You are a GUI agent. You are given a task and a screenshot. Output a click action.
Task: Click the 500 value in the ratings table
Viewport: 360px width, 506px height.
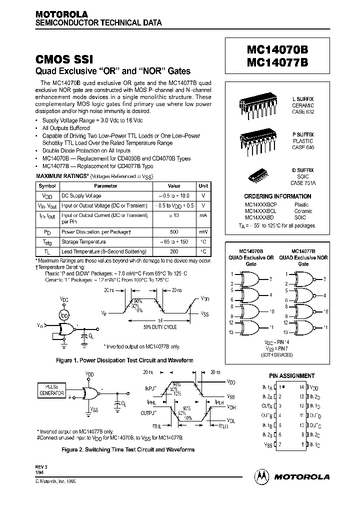pos(174,232)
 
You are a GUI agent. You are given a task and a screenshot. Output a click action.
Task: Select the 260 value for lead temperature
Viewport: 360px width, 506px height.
pos(174,251)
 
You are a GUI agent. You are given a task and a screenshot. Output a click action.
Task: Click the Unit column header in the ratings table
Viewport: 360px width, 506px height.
pos(203,185)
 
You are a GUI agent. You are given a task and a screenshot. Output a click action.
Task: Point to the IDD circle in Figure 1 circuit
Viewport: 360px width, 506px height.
pos(63,316)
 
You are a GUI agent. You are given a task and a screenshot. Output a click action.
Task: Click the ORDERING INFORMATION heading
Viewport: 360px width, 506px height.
pos(277,196)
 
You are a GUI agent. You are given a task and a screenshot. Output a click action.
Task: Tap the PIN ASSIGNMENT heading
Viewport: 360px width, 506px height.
pos(292,376)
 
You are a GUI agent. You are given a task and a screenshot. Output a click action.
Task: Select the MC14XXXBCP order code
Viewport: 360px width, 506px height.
pos(260,204)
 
